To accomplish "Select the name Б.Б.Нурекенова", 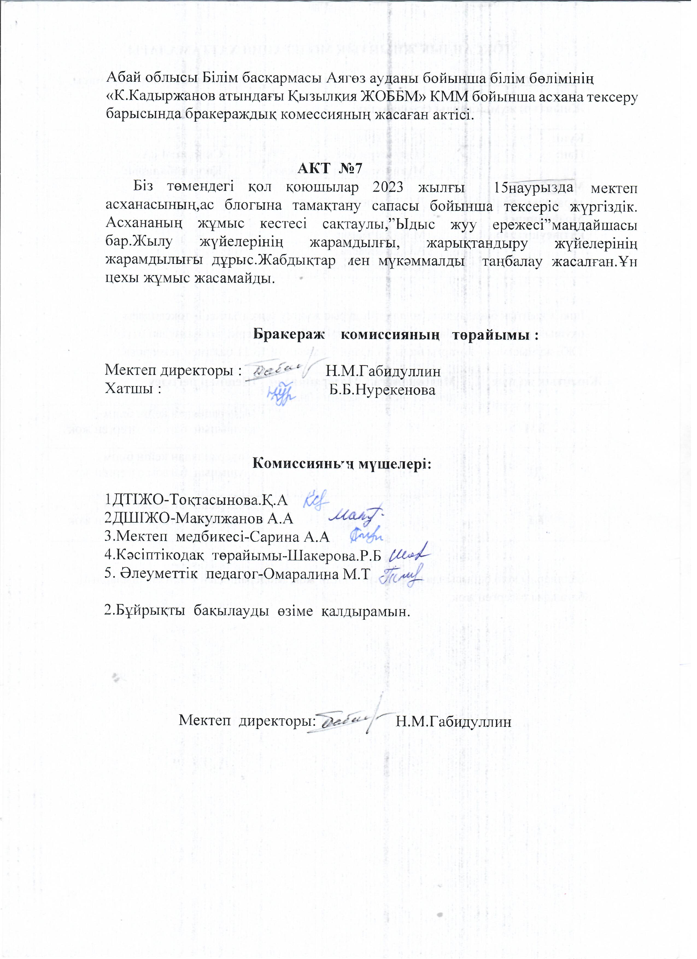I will click(382, 389).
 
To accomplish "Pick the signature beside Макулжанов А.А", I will click(356, 515).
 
